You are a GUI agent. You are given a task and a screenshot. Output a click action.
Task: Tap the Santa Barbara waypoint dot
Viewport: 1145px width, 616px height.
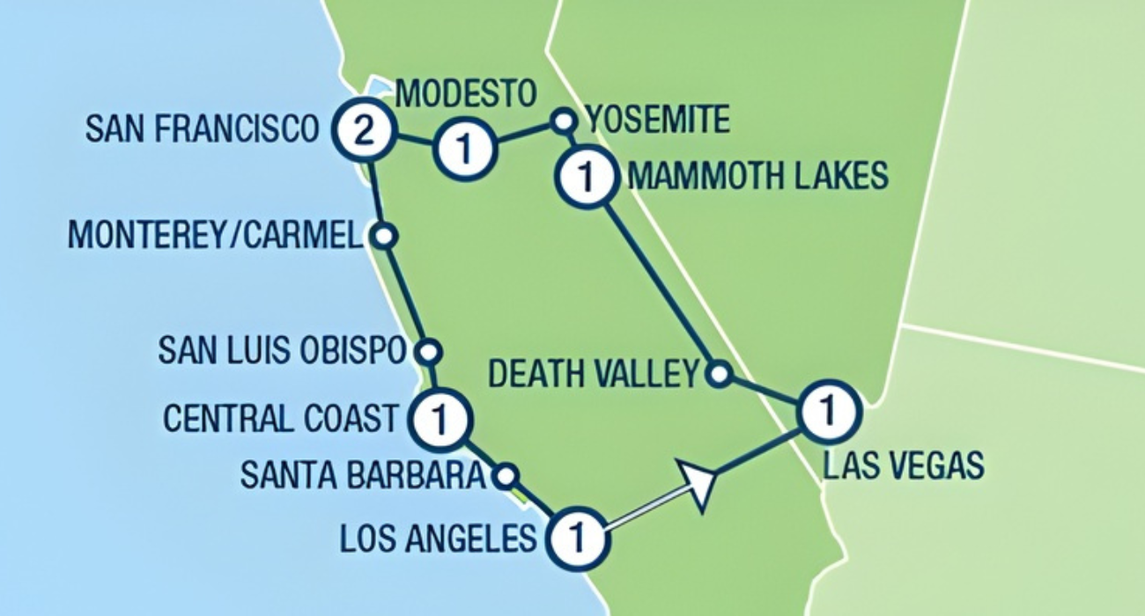(505, 477)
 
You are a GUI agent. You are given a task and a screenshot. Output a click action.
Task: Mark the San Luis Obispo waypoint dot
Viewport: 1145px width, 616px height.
(428, 352)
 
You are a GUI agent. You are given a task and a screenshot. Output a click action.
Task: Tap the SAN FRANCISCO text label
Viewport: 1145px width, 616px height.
(201, 129)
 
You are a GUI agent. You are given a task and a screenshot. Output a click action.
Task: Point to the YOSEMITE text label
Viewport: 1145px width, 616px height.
(658, 120)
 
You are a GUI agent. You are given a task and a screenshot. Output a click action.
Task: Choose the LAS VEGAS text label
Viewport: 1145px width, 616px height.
(903, 465)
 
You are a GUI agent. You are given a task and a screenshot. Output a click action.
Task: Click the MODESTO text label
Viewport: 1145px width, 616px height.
(465, 92)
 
